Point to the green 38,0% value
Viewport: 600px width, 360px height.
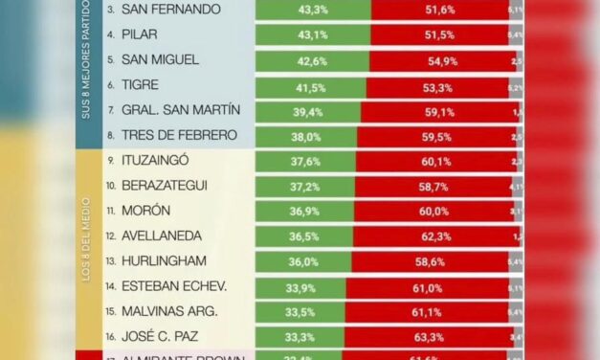(307, 136)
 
